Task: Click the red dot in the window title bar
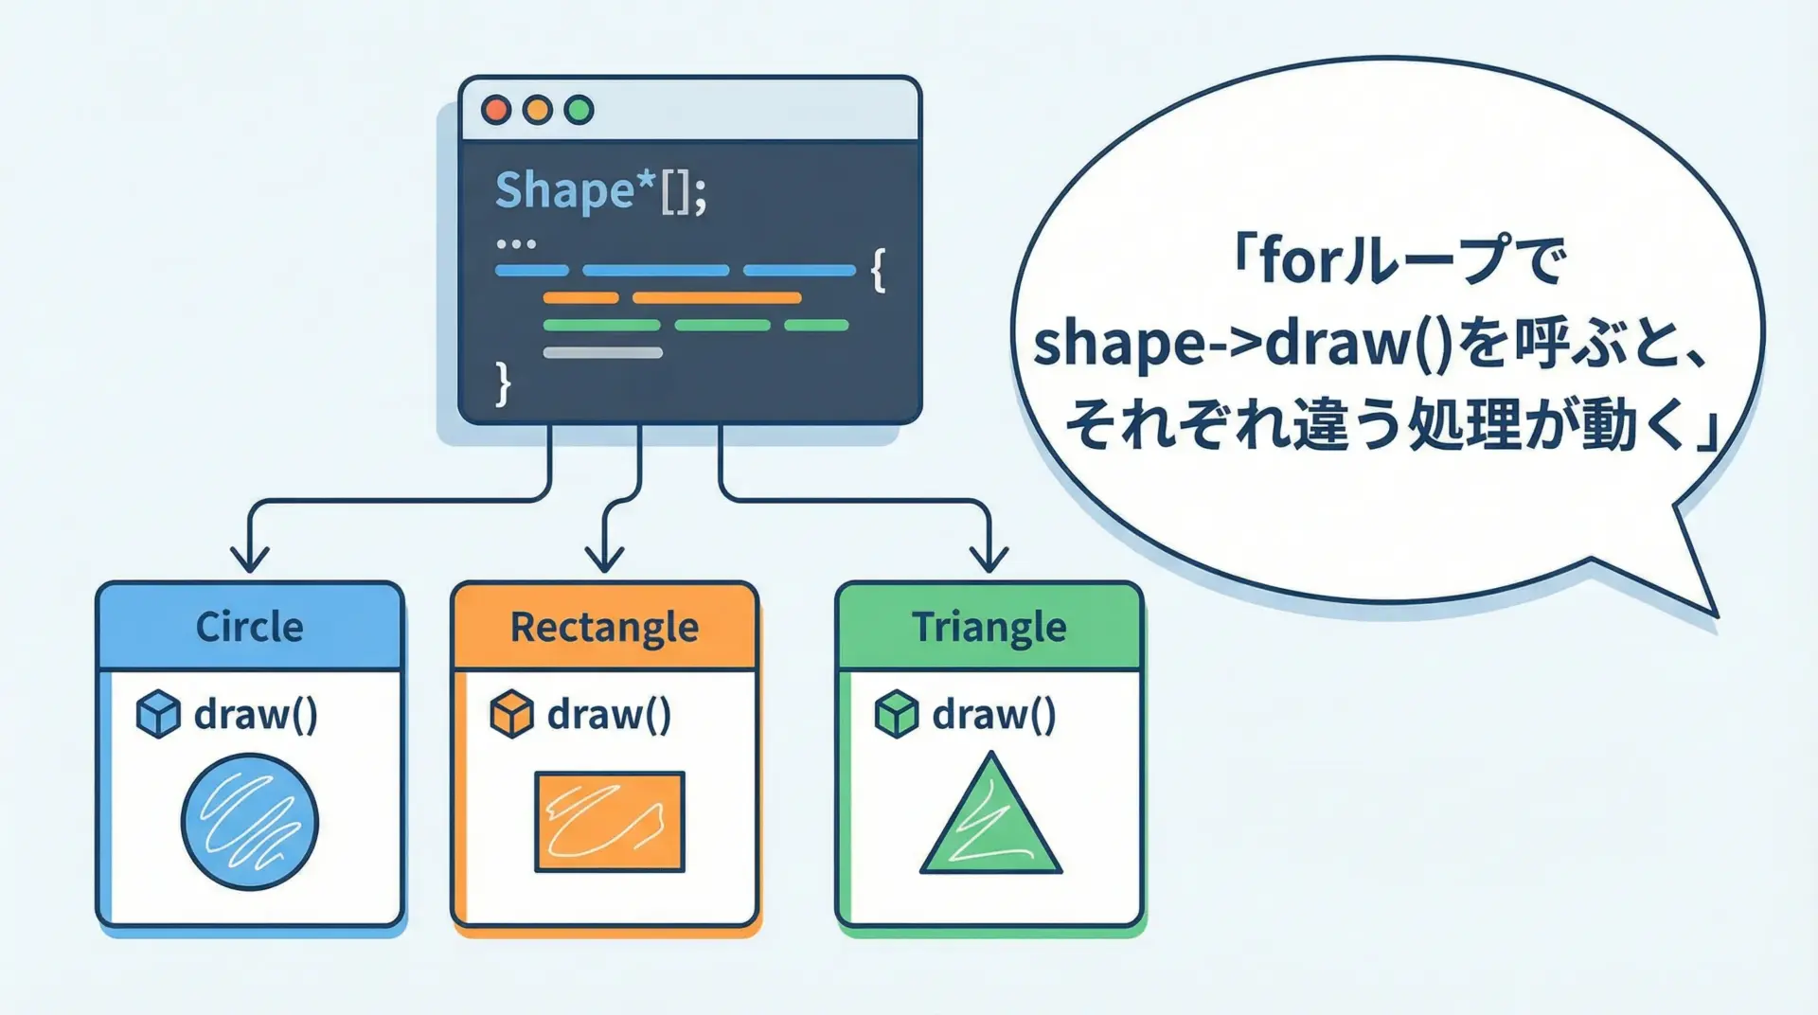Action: pyautogui.click(x=496, y=110)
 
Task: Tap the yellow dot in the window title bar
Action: pyautogui.click(x=538, y=110)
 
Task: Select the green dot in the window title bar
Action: pyautogui.click(x=579, y=110)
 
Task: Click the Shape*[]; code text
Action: pyautogui.click(x=601, y=191)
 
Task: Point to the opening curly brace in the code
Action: pyautogui.click(x=879, y=271)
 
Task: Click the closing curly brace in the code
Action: pyautogui.click(x=503, y=383)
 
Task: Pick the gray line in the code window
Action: pyautogui.click(x=603, y=352)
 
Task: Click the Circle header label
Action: pyautogui.click(x=250, y=627)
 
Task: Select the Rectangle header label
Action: pyautogui.click(x=605, y=628)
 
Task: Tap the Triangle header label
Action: pyautogui.click(x=989, y=628)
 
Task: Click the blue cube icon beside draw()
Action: pyautogui.click(x=158, y=714)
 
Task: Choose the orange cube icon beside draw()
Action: pyautogui.click(x=511, y=714)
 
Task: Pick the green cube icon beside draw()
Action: pyautogui.click(x=896, y=714)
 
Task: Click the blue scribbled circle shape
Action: pyautogui.click(x=250, y=822)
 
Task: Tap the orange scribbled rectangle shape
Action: pyautogui.click(x=610, y=822)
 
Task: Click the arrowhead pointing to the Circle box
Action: pyautogui.click(x=250, y=559)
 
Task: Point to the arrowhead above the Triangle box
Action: pyautogui.click(x=989, y=559)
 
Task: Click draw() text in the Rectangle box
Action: pyautogui.click(x=610, y=715)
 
